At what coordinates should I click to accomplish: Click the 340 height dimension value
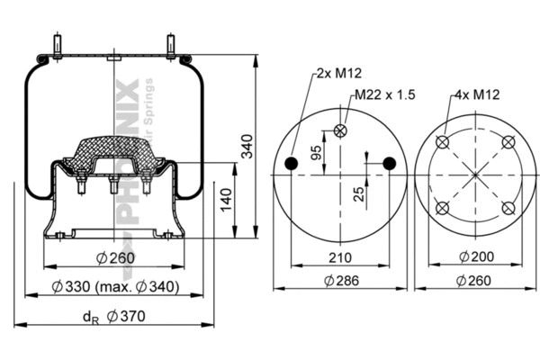pyautogui.click(x=249, y=144)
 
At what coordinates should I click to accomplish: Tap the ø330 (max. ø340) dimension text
pyautogui.click(x=115, y=287)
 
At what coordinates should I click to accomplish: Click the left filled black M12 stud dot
pyautogui.click(x=291, y=163)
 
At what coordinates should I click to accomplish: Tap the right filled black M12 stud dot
pyautogui.click(x=390, y=163)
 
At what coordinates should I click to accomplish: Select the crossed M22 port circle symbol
pyautogui.click(x=340, y=130)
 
